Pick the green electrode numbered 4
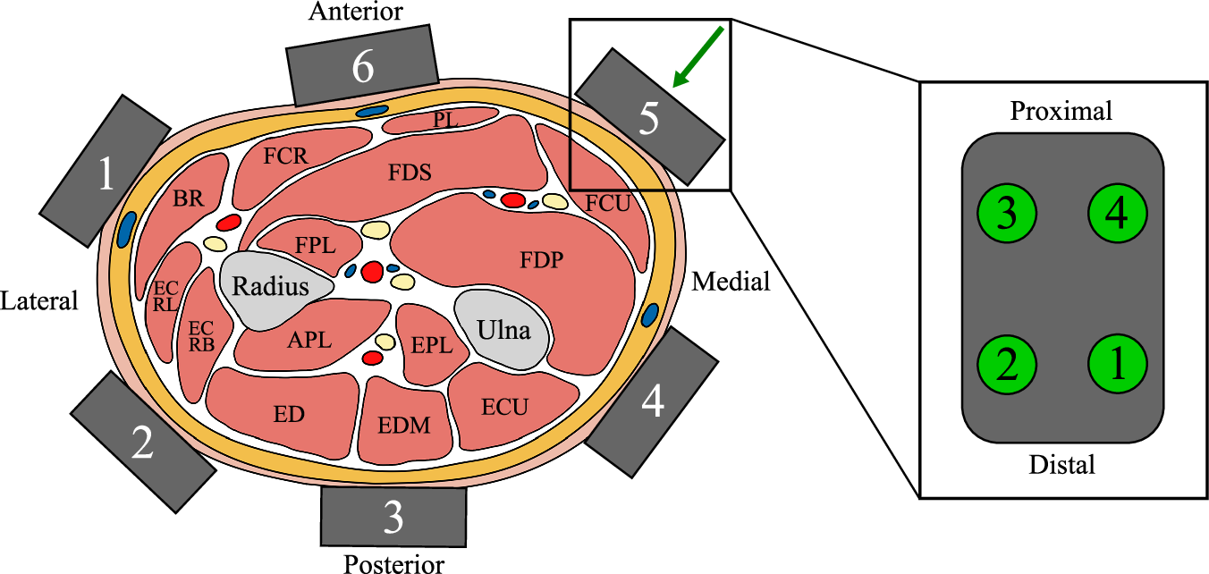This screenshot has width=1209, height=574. click(1117, 214)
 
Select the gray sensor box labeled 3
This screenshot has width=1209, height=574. click(393, 517)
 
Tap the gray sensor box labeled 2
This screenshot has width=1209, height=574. click(143, 443)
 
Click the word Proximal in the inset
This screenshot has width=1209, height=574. click(1061, 111)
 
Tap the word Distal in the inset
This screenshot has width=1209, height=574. click(1061, 465)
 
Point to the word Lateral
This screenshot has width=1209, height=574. click(39, 301)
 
